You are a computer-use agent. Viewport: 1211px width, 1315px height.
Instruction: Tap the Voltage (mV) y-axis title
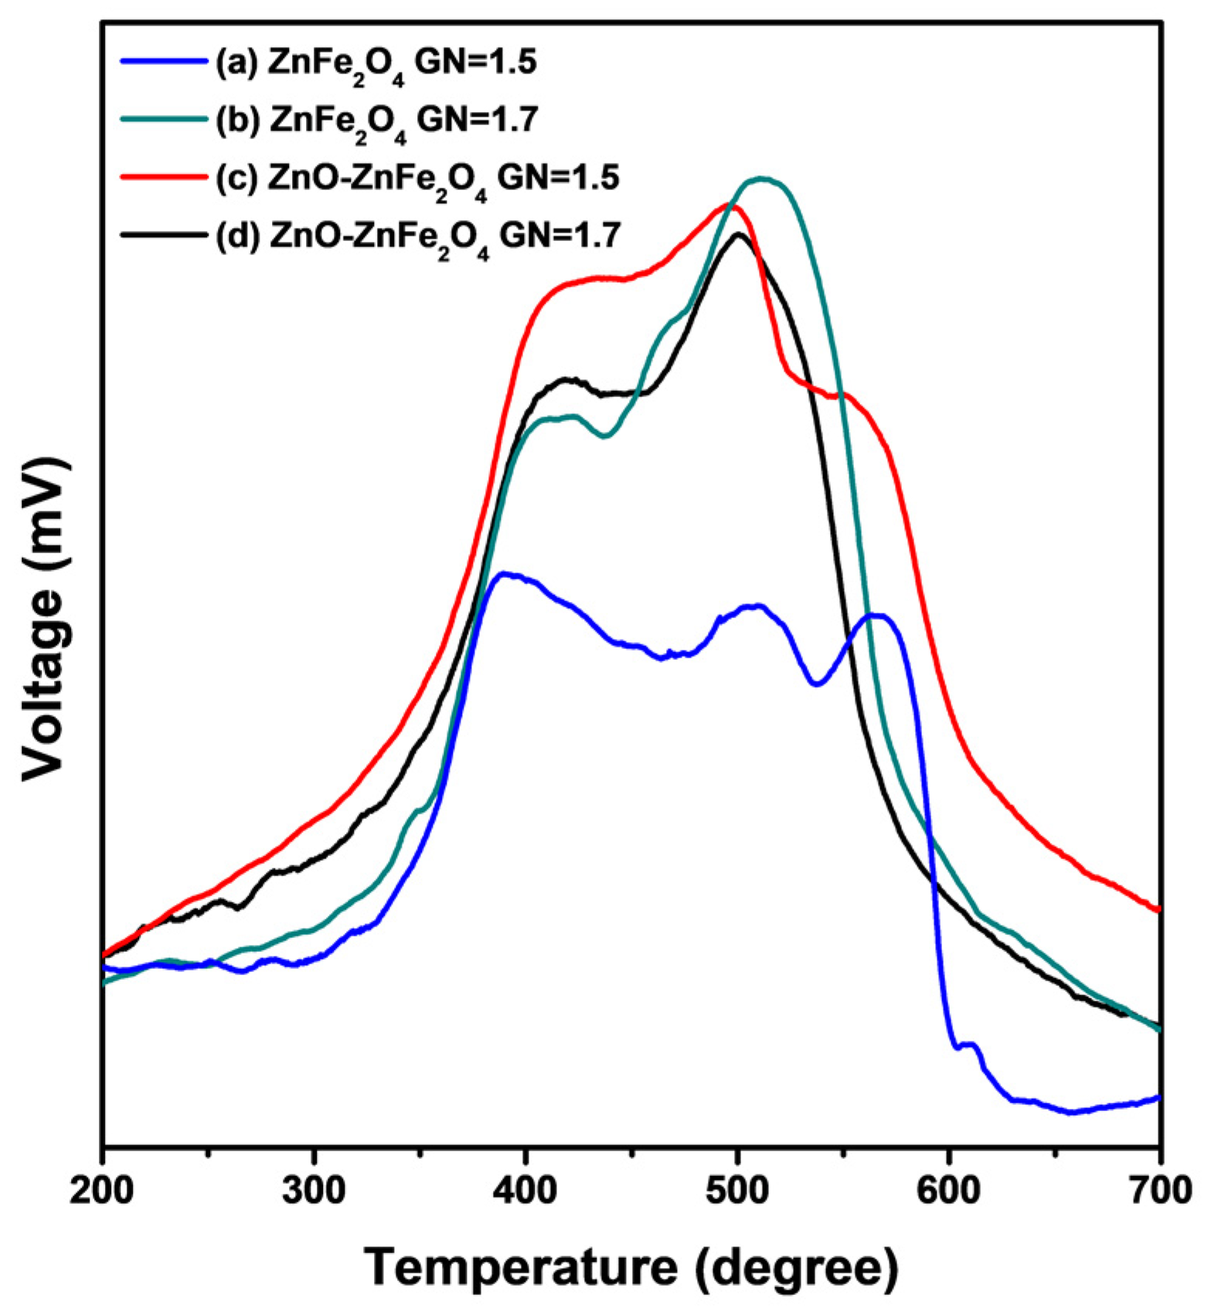click(x=45, y=617)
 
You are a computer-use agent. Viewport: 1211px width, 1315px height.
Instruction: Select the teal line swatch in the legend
click(x=164, y=119)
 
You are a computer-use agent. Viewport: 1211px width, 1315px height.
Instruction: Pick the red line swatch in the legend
click(x=164, y=176)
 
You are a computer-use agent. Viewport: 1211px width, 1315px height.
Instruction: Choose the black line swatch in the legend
click(x=164, y=233)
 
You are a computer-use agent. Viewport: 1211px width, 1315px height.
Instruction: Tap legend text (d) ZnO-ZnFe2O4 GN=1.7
click(x=418, y=236)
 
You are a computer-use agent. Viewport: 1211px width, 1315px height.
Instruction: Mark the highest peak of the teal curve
click(x=762, y=178)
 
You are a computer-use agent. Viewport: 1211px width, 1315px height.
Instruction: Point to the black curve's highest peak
click(x=739, y=234)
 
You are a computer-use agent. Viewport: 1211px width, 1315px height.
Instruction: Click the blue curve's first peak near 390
click(x=503, y=574)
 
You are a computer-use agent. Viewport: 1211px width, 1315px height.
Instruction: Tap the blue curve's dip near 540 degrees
click(x=817, y=684)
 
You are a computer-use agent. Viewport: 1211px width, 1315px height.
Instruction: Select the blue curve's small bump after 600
click(x=969, y=1045)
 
